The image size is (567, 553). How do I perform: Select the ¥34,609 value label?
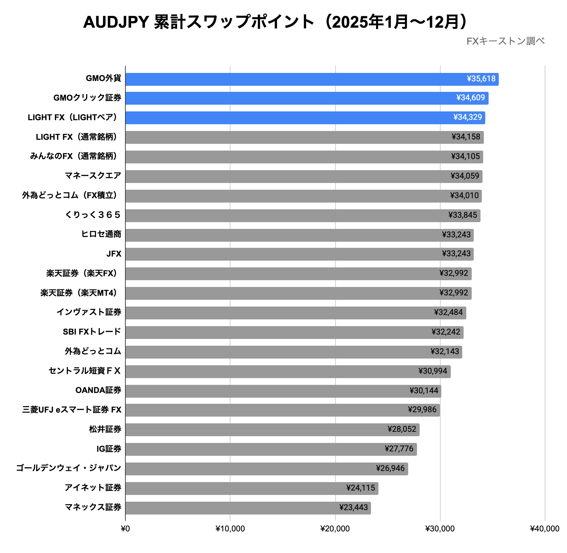(470, 98)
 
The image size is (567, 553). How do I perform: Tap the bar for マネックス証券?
(248, 508)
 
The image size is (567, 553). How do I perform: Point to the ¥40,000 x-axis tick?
(544, 529)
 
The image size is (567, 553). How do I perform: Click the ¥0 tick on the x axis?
(125, 529)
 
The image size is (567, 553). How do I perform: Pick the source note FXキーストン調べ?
(505, 41)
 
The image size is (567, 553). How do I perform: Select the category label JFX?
(114, 254)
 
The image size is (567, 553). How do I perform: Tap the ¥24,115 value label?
(361, 488)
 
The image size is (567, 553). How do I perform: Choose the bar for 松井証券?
(272, 429)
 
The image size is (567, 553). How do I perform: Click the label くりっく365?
(93, 215)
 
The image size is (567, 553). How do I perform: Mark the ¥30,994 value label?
(433, 371)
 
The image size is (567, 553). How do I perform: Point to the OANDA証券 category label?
(98, 390)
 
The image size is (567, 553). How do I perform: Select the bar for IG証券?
(270, 449)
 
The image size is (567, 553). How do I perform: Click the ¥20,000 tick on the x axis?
(335, 529)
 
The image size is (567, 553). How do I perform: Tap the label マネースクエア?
(93, 176)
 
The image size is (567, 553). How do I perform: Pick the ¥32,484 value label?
(448, 312)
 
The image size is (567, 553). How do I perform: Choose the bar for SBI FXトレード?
(294, 332)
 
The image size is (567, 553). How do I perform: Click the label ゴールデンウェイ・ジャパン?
(69, 468)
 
